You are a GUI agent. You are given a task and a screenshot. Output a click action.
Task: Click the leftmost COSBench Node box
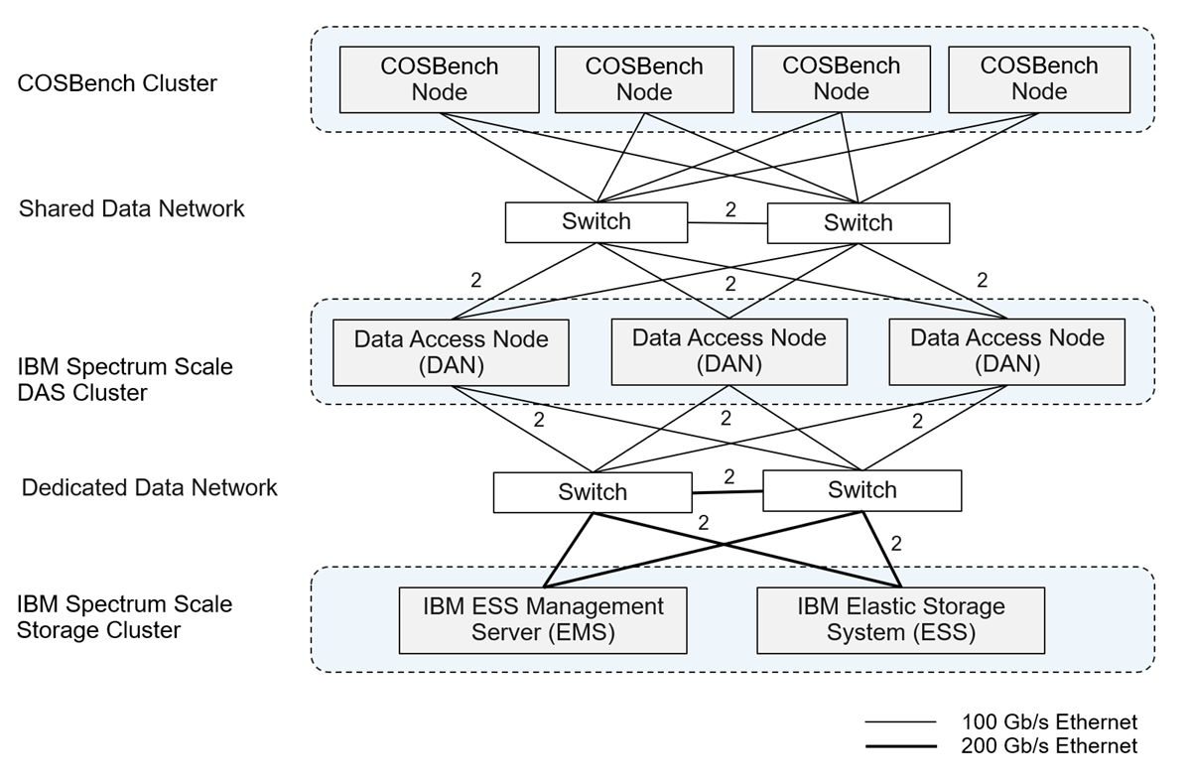[x=439, y=79]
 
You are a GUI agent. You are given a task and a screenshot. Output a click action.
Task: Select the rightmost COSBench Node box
[x=1039, y=79]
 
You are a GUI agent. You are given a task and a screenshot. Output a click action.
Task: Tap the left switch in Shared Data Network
[x=595, y=222]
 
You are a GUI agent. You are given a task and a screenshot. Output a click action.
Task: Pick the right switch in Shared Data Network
[x=858, y=223]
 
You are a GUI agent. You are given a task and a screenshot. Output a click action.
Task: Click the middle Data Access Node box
[x=728, y=351]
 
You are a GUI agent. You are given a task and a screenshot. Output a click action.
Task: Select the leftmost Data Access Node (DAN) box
[x=451, y=352]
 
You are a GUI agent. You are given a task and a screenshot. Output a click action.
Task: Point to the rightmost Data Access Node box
[x=1006, y=351]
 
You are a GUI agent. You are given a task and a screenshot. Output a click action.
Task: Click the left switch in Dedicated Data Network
[x=593, y=492]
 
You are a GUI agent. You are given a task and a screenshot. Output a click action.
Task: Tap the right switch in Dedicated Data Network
[x=861, y=490]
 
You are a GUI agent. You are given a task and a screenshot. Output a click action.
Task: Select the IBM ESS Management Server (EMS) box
[x=542, y=620]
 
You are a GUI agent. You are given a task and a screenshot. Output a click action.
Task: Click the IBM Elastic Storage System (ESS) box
[x=900, y=620]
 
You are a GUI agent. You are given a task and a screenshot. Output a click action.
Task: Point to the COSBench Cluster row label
[x=117, y=83]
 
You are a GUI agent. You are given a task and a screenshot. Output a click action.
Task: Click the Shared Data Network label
[x=132, y=208]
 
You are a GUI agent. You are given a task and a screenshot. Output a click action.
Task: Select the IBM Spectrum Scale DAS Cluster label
[x=125, y=379]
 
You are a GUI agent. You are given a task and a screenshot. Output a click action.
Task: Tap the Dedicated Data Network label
[x=150, y=487]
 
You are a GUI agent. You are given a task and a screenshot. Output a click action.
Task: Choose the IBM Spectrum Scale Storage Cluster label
[x=125, y=617]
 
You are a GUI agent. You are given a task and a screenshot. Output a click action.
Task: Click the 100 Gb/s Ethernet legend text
[x=1049, y=722]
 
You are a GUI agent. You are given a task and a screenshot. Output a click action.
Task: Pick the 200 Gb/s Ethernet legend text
[x=1049, y=746]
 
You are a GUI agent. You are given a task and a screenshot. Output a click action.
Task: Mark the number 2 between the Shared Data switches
[x=730, y=209]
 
